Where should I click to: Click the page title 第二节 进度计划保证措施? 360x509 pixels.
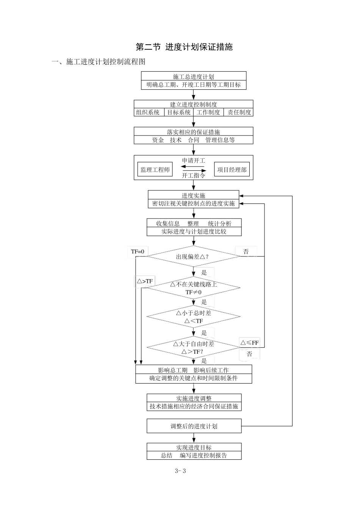point(184,47)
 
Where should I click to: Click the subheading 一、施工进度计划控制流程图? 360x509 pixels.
point(99,62)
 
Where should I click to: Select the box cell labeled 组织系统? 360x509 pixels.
point(148,112)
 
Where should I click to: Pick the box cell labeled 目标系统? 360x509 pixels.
point(179,112)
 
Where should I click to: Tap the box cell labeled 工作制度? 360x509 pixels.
point(208,112)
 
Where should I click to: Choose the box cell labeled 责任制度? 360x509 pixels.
point(239,112)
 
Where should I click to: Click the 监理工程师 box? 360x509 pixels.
point(155,170)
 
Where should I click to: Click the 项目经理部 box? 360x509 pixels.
point(232,170)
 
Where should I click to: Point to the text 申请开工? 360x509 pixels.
point(194,161)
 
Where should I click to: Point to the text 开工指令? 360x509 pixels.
point(194,175)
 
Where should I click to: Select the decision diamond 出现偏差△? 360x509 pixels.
point(193,256)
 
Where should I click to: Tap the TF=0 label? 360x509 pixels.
point(138,251)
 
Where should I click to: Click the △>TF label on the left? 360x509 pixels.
point(145,281)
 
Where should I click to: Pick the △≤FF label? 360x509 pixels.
point(250,343)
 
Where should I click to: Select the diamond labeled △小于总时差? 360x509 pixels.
point(193,317)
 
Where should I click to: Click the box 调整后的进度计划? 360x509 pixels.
point(194,426)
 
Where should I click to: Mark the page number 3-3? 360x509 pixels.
point(180,471)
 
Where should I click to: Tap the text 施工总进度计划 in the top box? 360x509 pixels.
point(194,77)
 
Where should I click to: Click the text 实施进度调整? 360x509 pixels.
point(194,398)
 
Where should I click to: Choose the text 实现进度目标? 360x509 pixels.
point(194,448)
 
